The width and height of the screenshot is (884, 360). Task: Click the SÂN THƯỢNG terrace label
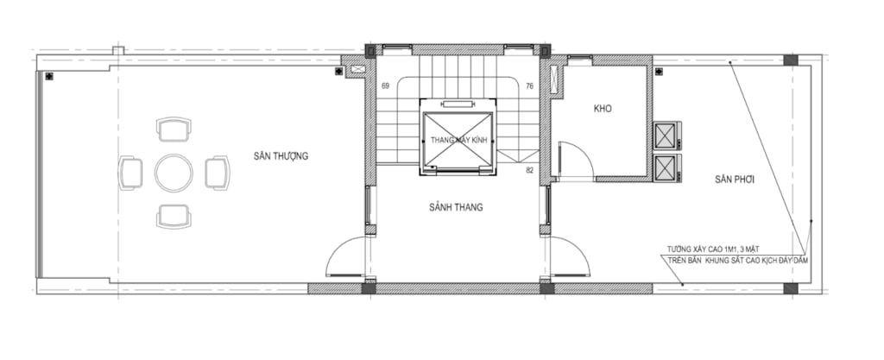click(281, 156)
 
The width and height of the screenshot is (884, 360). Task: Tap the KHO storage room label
click(603, 108)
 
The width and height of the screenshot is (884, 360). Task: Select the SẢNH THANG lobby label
click(456, 206)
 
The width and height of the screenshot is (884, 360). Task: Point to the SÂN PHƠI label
click(735, 180)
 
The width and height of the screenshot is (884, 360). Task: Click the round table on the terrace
click(174, 173)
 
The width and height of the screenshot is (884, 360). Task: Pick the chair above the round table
click(174, 129)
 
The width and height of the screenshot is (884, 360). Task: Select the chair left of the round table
click(130, 173)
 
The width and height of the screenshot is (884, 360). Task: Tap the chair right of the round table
click(218, 173)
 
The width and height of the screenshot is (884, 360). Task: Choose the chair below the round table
click(174, 217)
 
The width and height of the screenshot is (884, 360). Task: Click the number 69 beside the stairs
click(386, 86)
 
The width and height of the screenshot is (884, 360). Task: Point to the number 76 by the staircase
click(529, 86)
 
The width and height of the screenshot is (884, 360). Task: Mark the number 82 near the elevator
click(529, 169)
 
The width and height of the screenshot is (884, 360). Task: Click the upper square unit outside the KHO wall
click(667, 136)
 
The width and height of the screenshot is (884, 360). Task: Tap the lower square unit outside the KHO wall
click(667, 167)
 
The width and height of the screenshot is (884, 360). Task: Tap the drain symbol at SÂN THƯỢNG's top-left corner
click(49, 76)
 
